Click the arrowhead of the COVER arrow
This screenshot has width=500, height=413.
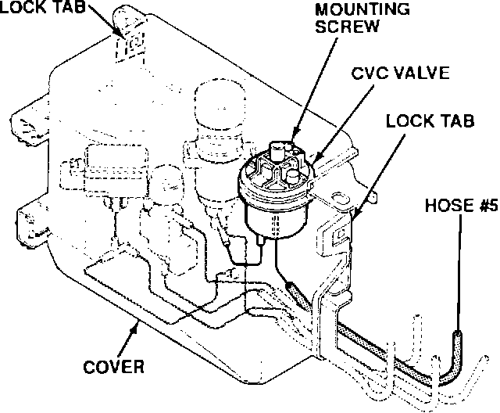(x=137, y=323)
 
